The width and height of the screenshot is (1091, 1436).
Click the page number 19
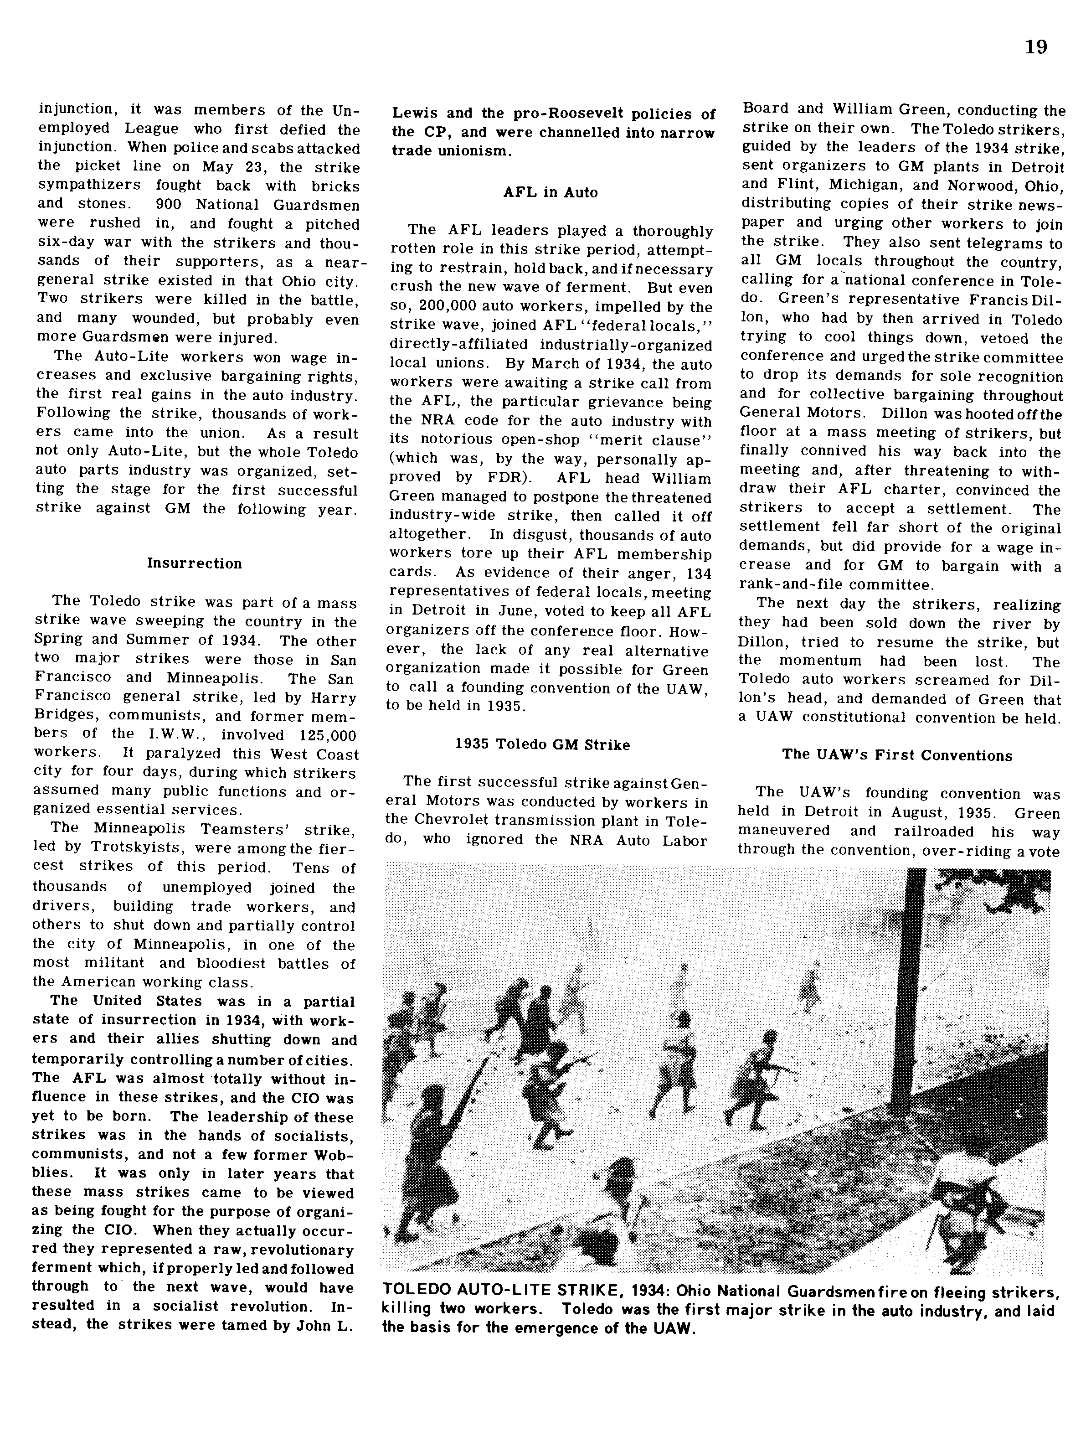1036,47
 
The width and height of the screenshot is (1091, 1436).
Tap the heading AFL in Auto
550,193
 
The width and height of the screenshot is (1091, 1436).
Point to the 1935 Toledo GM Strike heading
542,745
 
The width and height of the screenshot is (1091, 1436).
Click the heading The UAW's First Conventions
897,755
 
